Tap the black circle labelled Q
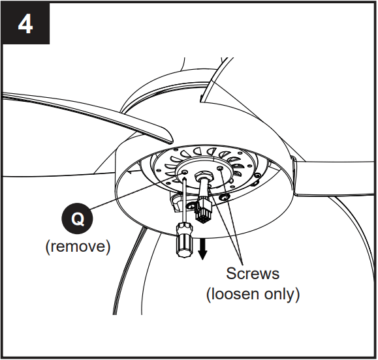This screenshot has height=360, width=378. (77, 220)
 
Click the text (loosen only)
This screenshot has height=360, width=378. (253, 294)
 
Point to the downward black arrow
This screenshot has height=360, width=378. (202, 248)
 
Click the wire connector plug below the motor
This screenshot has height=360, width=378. (204, 208)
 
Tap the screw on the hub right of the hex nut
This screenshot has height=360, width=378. (221, 168)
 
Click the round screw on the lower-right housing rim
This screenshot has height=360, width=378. (225, 197)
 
